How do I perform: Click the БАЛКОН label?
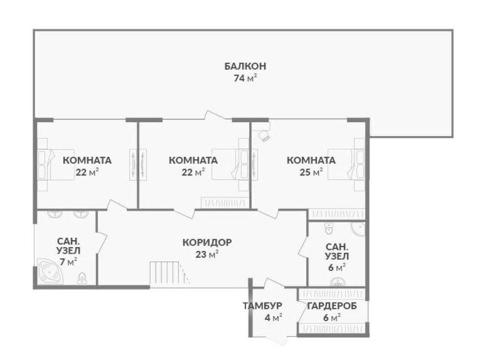pyautogui.click(x=245, y=66)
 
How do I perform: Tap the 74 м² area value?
pyautogui.click(x=245, y=78)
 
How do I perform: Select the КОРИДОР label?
pyautogui.click(x=207, y=242)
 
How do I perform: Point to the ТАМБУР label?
pyautogui.click(x=262, y=306)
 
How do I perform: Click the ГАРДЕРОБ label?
pyautogui.click(x=332, y=306)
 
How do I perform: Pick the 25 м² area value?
pyautogui.click(x=311, y=172)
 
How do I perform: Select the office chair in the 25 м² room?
pyautogui.click(x=264, y=135)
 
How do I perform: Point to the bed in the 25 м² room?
pyautogui.click(x=347, y=164)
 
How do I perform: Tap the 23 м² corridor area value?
pyautogui.click(x=207, y=254)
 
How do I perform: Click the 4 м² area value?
pyautogui.click(x=273, y=318)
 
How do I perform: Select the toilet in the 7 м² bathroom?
pyautogui.click(x=82, y=278)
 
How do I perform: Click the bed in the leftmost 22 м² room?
pyautogui.click(x=56, y=165)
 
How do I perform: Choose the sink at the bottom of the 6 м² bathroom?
pyautogui.click(x=338, y=282)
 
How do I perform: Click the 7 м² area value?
pyautogui.click(x=68, y=262)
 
